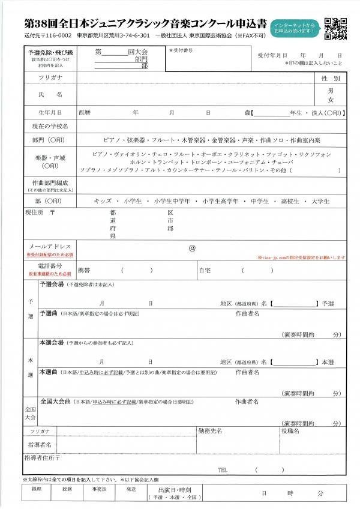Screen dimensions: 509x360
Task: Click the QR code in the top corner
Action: (336, 28)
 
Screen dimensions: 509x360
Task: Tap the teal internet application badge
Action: (294, 27)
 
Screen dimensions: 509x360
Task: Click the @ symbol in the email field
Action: (193, 247)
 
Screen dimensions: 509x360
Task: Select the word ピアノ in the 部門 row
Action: (112, 139)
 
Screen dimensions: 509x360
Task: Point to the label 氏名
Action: (50, 94)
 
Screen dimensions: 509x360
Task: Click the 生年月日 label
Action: (50, 112)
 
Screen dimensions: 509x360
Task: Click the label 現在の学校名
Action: (50, 126)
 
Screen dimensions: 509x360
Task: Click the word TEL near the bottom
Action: (224, 469)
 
